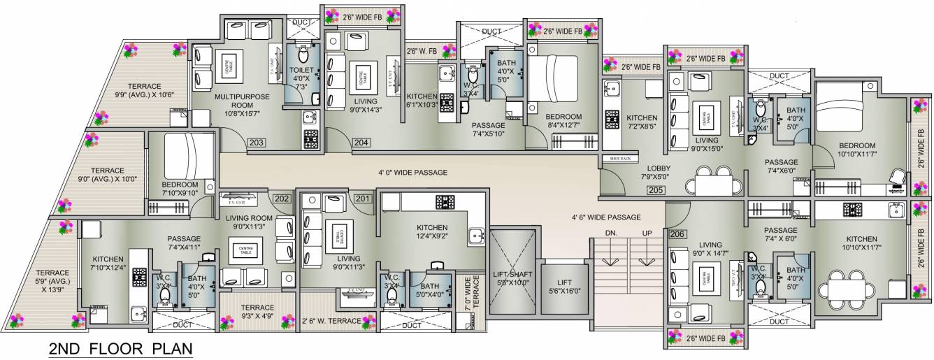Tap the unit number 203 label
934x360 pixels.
pos(257,143)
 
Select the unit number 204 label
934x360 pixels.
pos(361,143)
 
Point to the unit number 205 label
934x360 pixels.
pos(656,189)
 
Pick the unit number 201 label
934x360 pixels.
pos(362,199)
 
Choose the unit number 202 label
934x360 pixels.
pos(282,199)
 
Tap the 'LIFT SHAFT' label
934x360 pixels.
pos(511,274)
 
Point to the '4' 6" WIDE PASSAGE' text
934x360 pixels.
pos(606,217)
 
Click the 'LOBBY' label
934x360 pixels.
pos(658,168)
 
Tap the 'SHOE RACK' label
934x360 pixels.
pos(620,159)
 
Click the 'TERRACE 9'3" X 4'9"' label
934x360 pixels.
pos(257,311)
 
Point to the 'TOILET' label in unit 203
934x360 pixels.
pos(302,70)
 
